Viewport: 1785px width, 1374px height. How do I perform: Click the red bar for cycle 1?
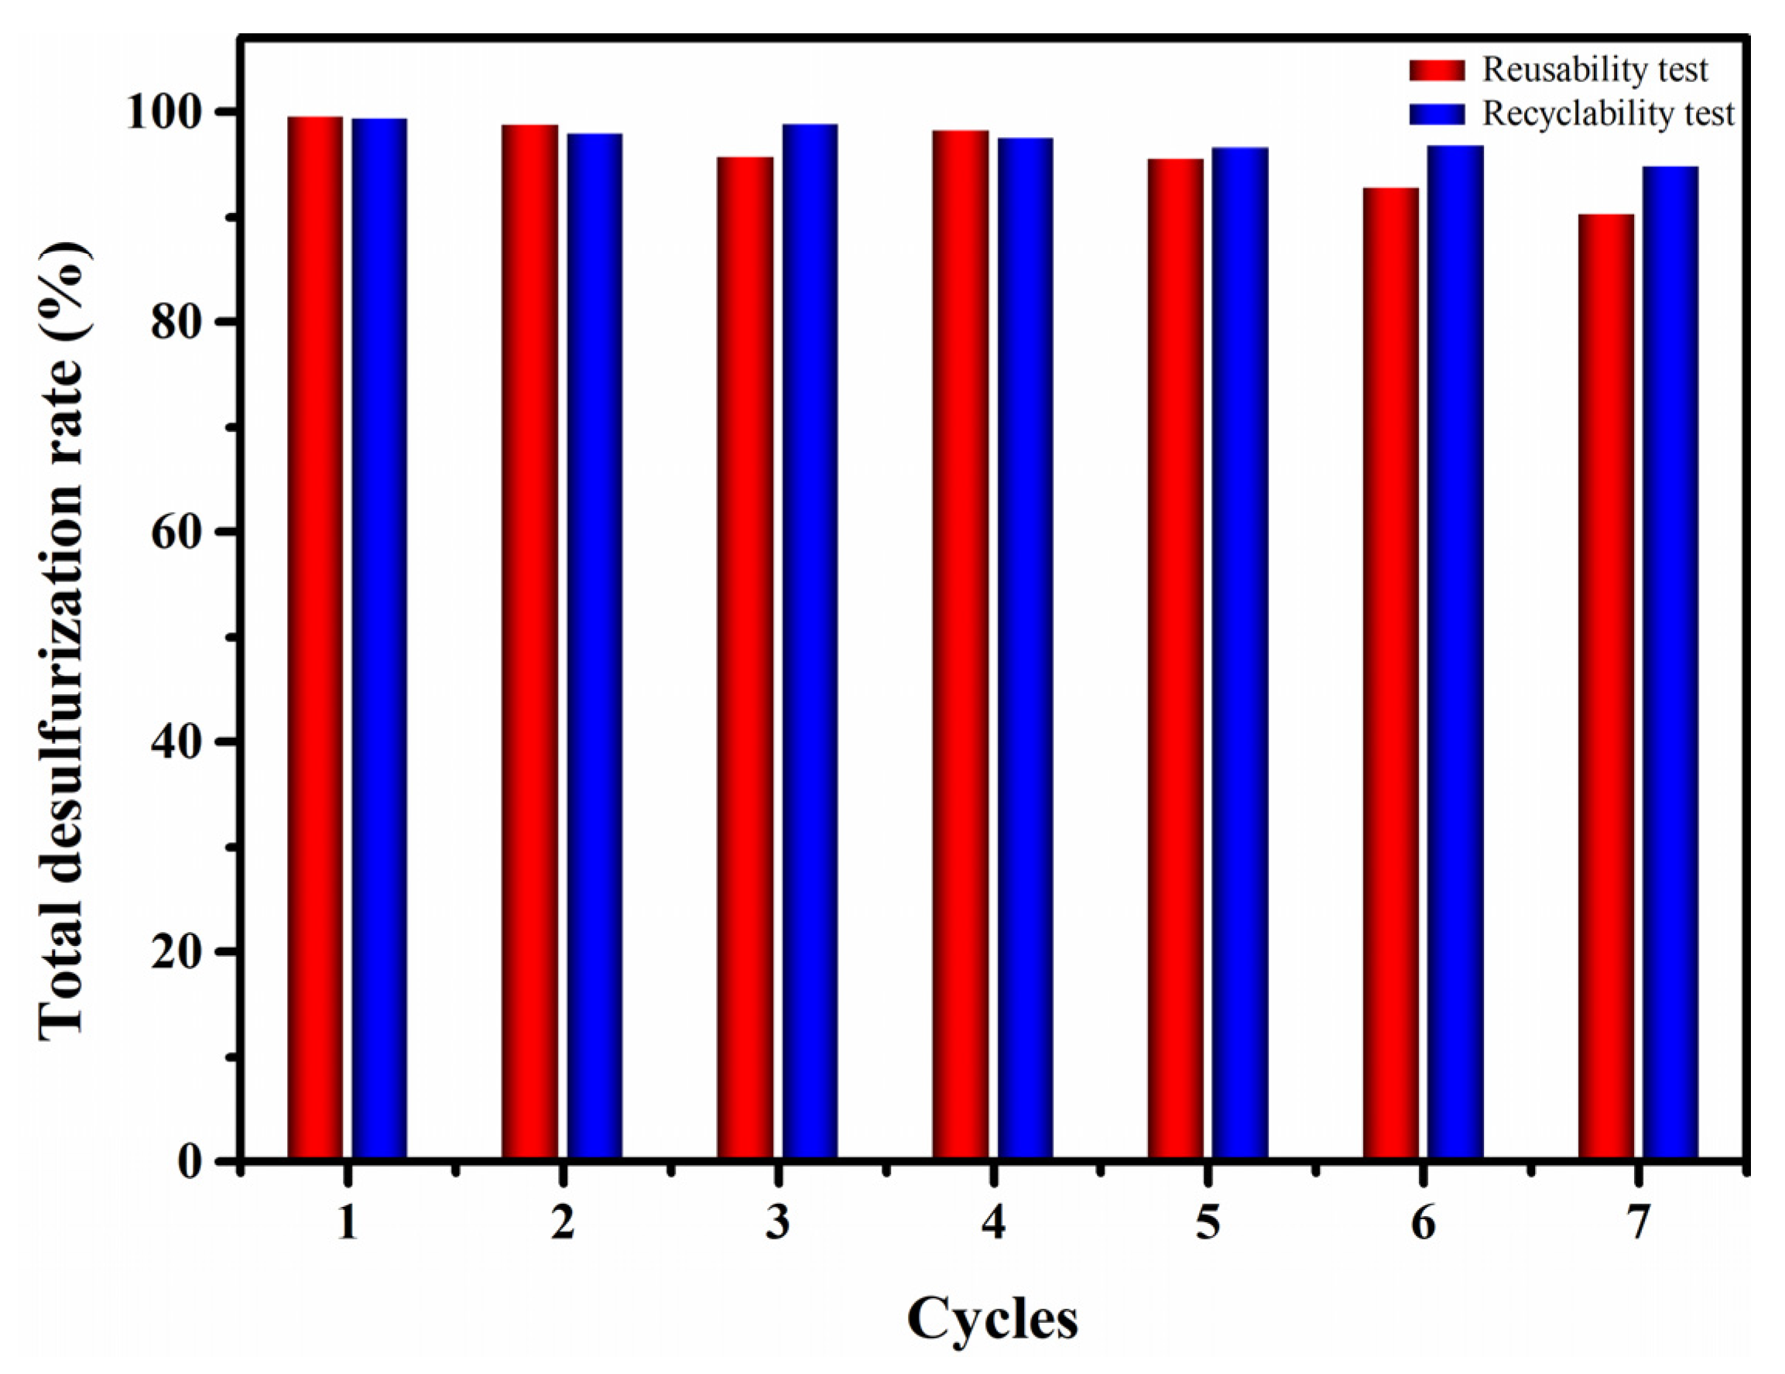[x=315, y=638]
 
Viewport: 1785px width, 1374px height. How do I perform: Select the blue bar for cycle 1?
[x=379, y=639]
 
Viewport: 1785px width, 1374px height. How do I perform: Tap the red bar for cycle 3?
[x=745, y=658]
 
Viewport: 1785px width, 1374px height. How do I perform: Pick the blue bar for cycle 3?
[x=810, y=642]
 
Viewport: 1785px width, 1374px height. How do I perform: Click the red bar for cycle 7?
[x=1606, y=687]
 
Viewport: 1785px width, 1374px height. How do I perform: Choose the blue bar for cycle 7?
[x=1670, y=663]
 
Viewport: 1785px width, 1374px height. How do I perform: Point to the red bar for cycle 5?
[x=1175, y=659]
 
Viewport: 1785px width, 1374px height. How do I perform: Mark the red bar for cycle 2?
[x=529, y=642]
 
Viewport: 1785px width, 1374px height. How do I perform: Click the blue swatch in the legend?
[x=1437, y=114]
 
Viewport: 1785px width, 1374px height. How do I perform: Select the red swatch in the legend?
[x=1437, y=70]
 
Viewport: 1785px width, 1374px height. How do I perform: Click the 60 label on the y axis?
[x=187, y=532]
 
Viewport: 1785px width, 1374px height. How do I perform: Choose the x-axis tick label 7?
[x=1638, y=1224]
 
